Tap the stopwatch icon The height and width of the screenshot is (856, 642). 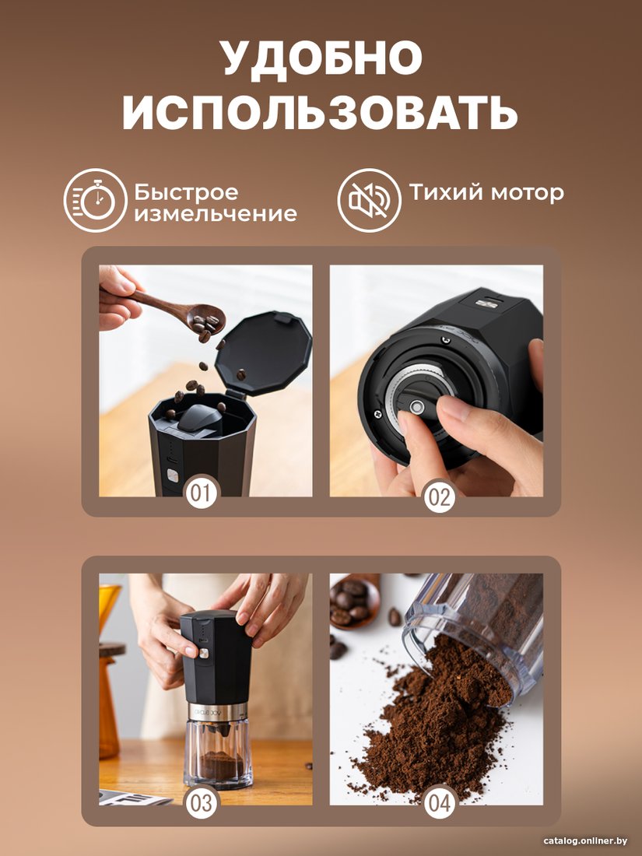click(x=95, y=200)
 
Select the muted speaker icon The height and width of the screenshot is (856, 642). click(x=369, y=200)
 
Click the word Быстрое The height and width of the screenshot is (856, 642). click(x=187, y=193)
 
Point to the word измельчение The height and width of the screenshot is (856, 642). click(x=216, y=213)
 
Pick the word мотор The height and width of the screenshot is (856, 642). click(x=527, y=193)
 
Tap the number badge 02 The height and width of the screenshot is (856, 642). click(x=440, y=498)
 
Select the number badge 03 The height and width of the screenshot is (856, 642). click(x=201, y=803)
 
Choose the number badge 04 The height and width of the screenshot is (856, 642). click(x=440, y=803)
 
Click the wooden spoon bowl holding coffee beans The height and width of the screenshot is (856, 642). click(x=205, y=321)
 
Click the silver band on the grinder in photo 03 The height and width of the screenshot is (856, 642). click(x=217, y=710)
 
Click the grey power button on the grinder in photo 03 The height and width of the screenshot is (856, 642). click(x=204, y=653)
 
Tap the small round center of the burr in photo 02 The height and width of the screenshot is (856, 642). click(x=417, y=406)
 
